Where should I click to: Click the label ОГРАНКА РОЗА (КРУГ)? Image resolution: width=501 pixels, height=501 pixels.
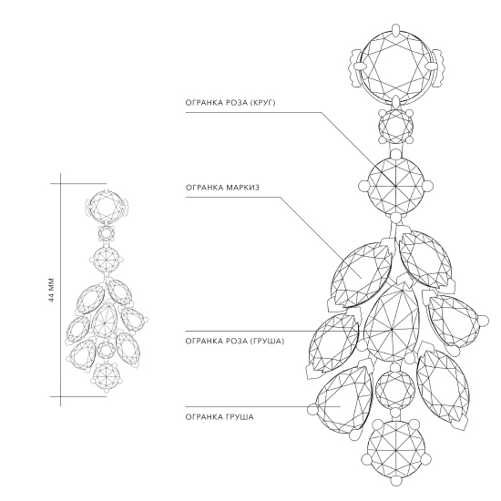[230, 103]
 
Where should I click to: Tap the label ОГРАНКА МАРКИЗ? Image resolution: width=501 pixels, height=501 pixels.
[222, 188]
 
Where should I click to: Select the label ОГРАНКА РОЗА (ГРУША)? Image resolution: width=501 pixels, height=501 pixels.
[234, 342]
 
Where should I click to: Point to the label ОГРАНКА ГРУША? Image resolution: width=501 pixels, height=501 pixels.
[220, 417]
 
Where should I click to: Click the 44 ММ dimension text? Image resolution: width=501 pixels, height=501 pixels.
[52, 290]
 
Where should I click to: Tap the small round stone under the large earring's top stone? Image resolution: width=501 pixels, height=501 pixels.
[395, 127]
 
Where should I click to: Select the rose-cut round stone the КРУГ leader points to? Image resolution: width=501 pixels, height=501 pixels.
[396, 186]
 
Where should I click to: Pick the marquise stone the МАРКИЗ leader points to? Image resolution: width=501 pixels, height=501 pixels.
[362, 275]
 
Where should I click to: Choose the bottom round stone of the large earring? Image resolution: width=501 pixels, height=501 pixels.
[396, 450]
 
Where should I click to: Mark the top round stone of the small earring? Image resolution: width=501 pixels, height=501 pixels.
[106, 205]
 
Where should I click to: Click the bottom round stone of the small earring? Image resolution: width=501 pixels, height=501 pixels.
[106, 374]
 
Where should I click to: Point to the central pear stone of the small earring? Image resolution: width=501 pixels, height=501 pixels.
[104, 321]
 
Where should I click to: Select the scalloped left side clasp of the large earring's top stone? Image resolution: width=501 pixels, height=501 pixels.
[354, 67]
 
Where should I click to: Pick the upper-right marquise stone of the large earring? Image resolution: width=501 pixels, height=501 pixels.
[425, 259]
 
